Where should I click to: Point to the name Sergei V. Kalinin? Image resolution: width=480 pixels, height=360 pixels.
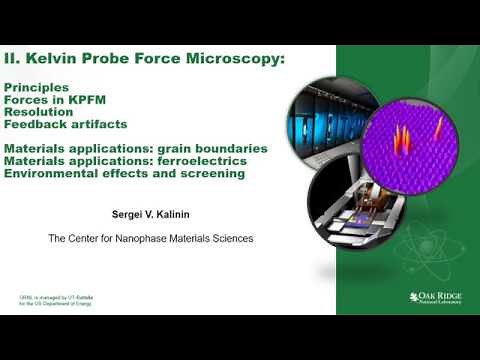click(x=149, y=213)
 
